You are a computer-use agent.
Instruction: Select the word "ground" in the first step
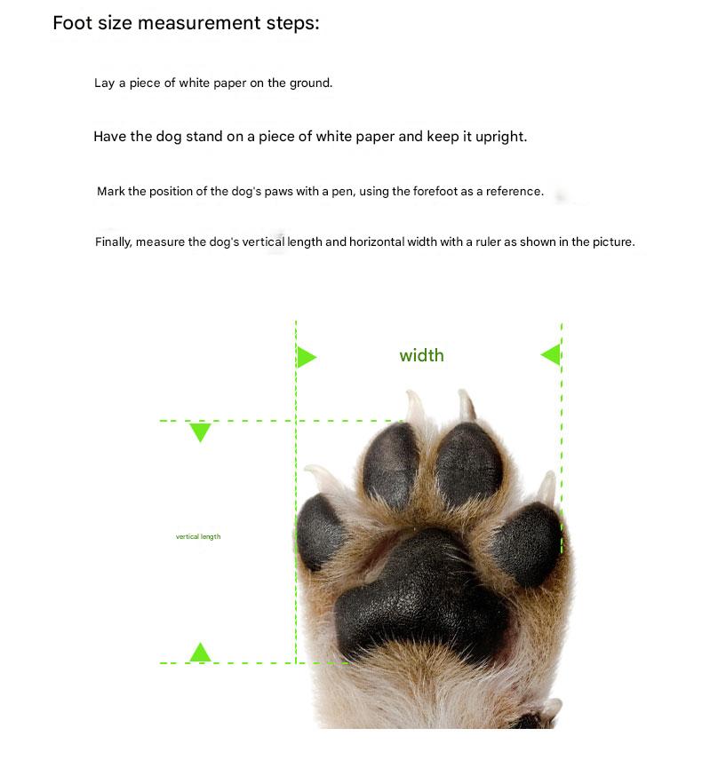pos(310,83)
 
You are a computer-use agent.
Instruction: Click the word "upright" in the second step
pos(499,137)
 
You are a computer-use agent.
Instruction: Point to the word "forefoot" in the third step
pos(435,191)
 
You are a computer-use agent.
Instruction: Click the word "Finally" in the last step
pos(113,242)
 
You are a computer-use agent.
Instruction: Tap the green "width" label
pos(421,356)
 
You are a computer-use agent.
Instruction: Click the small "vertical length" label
pos(198,537)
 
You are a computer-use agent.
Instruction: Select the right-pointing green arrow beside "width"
pos(306,357)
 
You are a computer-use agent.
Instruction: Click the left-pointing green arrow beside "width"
pos(551,354)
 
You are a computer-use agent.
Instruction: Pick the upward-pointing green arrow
pos(200,653)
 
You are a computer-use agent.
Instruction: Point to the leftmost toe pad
pos(320,532)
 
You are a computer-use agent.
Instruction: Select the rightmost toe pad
pos(527,543)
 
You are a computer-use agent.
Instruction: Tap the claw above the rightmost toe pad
pos(546,487)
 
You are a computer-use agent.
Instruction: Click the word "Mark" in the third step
pos(111,192)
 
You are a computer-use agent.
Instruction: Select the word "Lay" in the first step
pos(104,83)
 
